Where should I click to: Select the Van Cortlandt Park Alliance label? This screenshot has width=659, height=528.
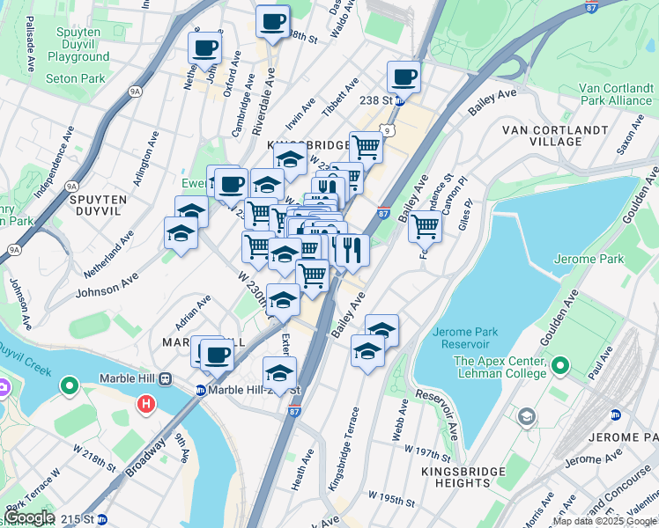point(615,94)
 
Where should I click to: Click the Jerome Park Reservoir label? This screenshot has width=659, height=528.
point(466,338)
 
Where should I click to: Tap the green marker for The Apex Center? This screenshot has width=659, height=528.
point(559,363)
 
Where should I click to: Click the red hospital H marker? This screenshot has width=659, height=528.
point(146,405)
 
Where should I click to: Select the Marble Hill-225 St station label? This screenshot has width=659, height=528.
point(255,390)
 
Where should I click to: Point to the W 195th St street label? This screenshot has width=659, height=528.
point(391,499)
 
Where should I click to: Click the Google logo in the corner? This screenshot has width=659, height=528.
point(30,517)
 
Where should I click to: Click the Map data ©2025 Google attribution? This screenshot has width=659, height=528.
point(604,521)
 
